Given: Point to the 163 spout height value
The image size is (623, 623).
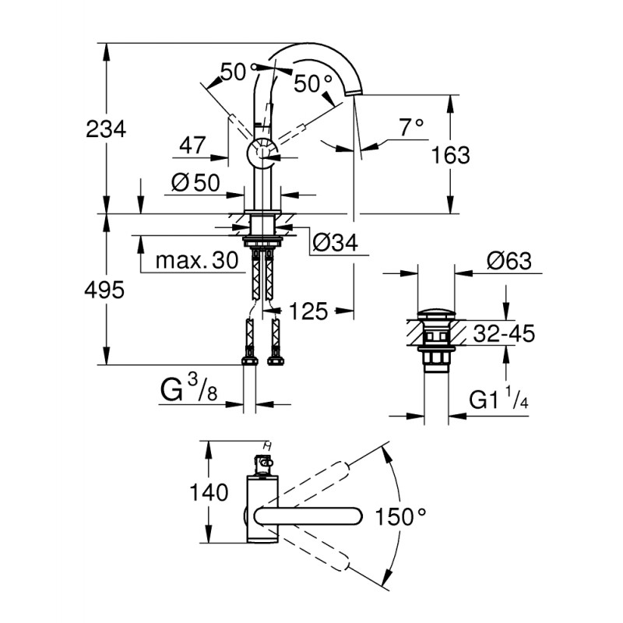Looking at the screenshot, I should [x=452, y=155].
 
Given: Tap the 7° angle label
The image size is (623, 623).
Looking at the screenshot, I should [x=410, y=125].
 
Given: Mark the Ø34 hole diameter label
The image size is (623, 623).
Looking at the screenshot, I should [x=334, y=244].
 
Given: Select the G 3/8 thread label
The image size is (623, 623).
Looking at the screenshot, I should [x=189, y=389].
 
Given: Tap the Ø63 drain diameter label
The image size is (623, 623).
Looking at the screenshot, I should [x=506, y=261].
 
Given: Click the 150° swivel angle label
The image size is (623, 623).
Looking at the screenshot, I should [x=402, y=516].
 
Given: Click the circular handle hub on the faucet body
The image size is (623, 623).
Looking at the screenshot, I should [x=261, y=153].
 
